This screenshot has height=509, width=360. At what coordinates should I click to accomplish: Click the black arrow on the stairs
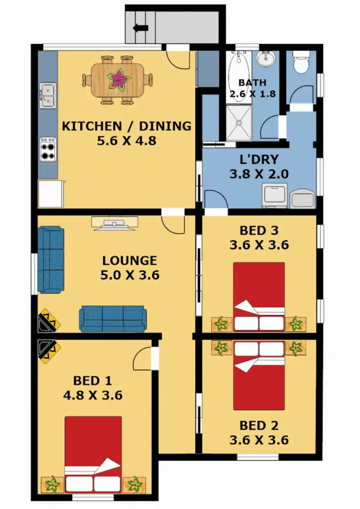point(141,28)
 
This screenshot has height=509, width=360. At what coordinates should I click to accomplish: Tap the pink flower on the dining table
point(118,80)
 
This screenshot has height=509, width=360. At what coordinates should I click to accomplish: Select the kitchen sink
point(48,95)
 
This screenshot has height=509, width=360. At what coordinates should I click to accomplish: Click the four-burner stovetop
point(48,149)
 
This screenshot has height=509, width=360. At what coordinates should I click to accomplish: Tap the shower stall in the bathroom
point(239,123)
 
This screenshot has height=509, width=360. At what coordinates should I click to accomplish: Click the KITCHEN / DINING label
point(127,126)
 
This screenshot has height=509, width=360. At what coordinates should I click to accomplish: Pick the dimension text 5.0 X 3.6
point(130,276)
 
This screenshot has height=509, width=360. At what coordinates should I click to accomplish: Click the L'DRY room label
point(259,159)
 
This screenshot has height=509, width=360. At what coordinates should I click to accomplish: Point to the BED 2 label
point(259,425)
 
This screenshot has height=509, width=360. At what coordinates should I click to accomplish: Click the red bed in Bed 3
point(259,295)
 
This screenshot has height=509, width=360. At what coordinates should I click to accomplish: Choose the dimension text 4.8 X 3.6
point(93,396)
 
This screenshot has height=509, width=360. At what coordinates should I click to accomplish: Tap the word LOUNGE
point(130,261)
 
